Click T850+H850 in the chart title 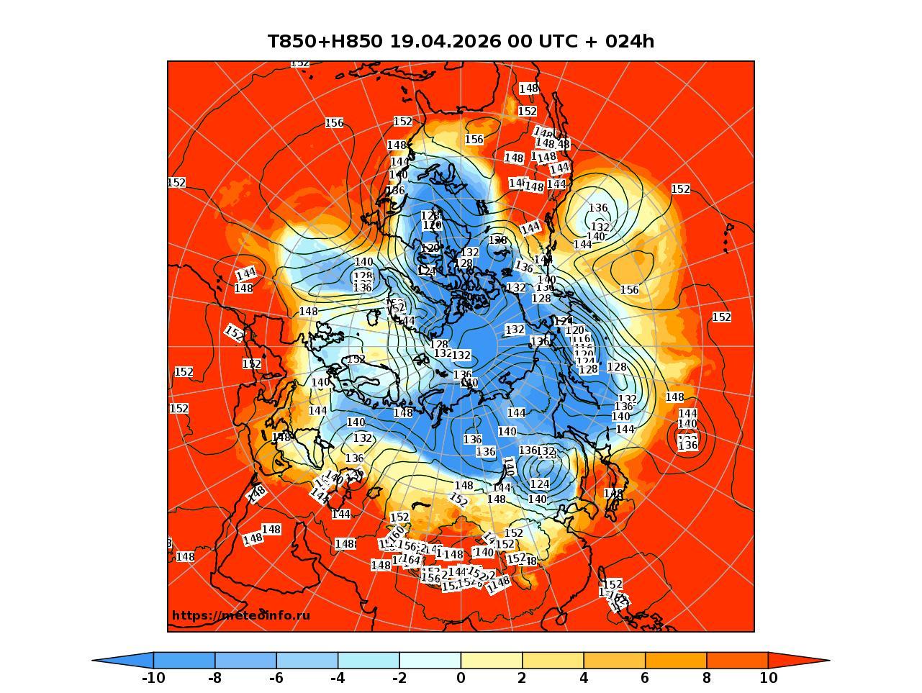[x=325, y=41]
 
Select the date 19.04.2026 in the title [x=445, y=41]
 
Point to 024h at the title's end [x=630, y=41]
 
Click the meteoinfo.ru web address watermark [x=241, y=615]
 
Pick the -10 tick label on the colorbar [x=153, y=678]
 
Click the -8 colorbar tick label [x=214, y=678]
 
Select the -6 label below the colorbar [x=276, y=678]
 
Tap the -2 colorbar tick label [x=399, y=678]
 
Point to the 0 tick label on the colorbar [x=461, y=678]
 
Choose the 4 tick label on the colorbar [x=584, y=678]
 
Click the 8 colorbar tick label [x=707, y=678]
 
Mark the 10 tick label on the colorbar [x=768, y=678]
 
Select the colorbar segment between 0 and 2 [x=492, y=660]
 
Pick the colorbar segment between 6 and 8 [x=676, y=660]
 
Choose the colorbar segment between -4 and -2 [x=369, y=660]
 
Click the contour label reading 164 [x=411, y=559]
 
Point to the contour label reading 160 [x=397, y=533]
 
